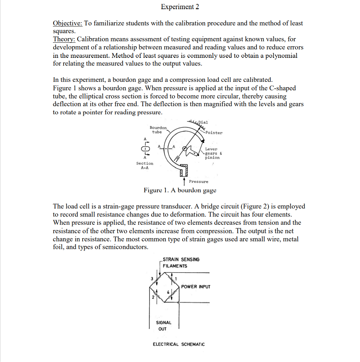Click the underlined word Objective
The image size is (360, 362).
point(67,23)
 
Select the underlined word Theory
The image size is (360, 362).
point(64,39)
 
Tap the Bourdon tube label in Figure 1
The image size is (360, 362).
point(158,129)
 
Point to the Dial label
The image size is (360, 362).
point(203,122)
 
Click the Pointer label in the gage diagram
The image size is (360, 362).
point(214,133)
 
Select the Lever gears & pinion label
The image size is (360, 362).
point(212,153)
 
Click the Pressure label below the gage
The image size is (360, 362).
point(198,181)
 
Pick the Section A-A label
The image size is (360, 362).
point(145,165)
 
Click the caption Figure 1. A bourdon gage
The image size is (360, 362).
point(180,190)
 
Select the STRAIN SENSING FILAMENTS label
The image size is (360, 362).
point(181,263)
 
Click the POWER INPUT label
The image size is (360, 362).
point(196,286)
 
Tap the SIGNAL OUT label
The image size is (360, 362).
point(163,325)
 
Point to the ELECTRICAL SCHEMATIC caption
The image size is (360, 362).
point(178,344)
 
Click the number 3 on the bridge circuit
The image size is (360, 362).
point(152,279)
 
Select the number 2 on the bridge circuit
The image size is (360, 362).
point(153,297)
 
